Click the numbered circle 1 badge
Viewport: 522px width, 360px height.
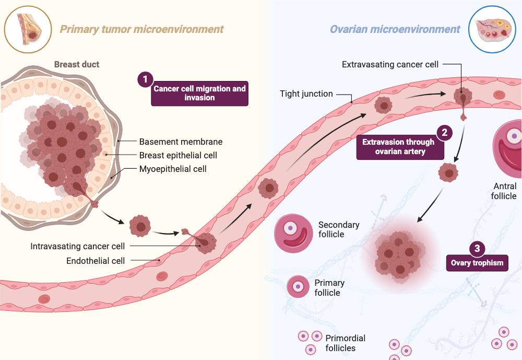click(x=146, y=80)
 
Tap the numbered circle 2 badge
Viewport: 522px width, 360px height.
click(x=444, y=132)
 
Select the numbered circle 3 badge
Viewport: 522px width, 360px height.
click(x=477, y=248)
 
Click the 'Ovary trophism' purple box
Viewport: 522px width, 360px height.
click(x=477, y=263)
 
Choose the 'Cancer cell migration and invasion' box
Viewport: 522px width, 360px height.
click(x=199, y=93)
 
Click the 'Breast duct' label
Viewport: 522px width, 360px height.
click(x=77, y=65)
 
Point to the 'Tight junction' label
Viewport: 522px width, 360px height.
click(x=306, y=94)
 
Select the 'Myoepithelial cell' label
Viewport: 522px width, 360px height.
click(x=173, y=169)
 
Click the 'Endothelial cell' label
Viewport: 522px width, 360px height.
click(x=96, y=260)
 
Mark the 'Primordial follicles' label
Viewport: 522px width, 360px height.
click(x=345, y=343)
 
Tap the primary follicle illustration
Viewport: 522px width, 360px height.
click(x=298, y=286)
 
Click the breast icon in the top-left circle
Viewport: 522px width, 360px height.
click(x=28, y=29)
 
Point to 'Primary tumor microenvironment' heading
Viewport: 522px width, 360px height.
click(x=141, y=29)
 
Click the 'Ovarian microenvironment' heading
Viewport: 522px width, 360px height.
click(x=395, y=29)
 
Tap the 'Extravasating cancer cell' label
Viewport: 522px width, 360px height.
click(x=390, y=65)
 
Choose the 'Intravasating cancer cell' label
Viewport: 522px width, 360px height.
click(x=78, y=246)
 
